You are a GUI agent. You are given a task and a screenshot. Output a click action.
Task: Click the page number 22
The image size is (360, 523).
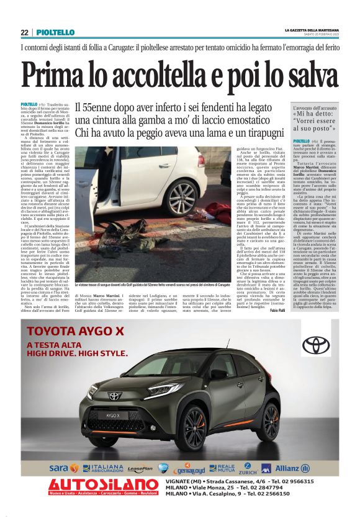tap(24, 32)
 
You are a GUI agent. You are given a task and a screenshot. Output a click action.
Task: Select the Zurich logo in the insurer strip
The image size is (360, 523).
tap(248, 468)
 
